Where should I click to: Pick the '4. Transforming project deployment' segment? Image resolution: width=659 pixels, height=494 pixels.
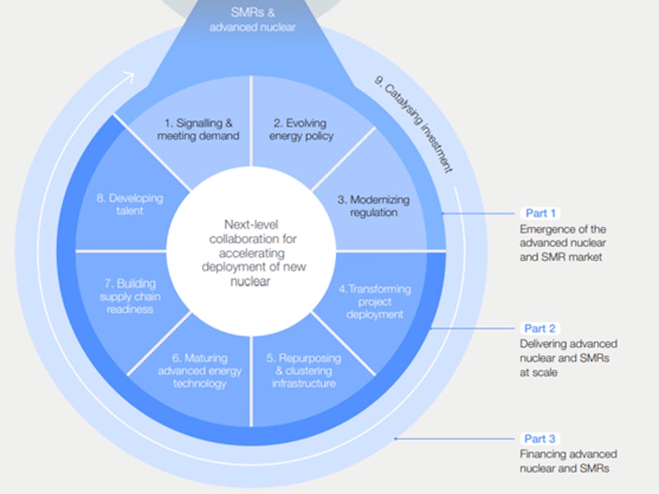375,301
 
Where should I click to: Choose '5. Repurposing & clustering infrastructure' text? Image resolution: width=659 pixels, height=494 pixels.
304,371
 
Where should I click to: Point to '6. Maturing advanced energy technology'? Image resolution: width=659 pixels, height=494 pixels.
200,371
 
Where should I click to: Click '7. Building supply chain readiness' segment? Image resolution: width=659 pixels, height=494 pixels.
127,296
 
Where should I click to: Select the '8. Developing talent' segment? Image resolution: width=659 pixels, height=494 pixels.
129,204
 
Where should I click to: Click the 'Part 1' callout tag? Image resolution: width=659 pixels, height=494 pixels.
540,213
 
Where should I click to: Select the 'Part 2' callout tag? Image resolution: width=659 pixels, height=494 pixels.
540,328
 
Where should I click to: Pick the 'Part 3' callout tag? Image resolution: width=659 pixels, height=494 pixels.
540,439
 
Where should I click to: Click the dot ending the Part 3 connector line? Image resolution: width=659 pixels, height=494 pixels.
395,439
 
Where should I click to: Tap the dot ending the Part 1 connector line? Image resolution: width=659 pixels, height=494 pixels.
443,213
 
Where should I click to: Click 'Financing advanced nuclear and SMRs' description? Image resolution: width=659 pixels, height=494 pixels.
568,461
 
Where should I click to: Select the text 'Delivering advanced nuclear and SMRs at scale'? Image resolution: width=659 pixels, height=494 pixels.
568,357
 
